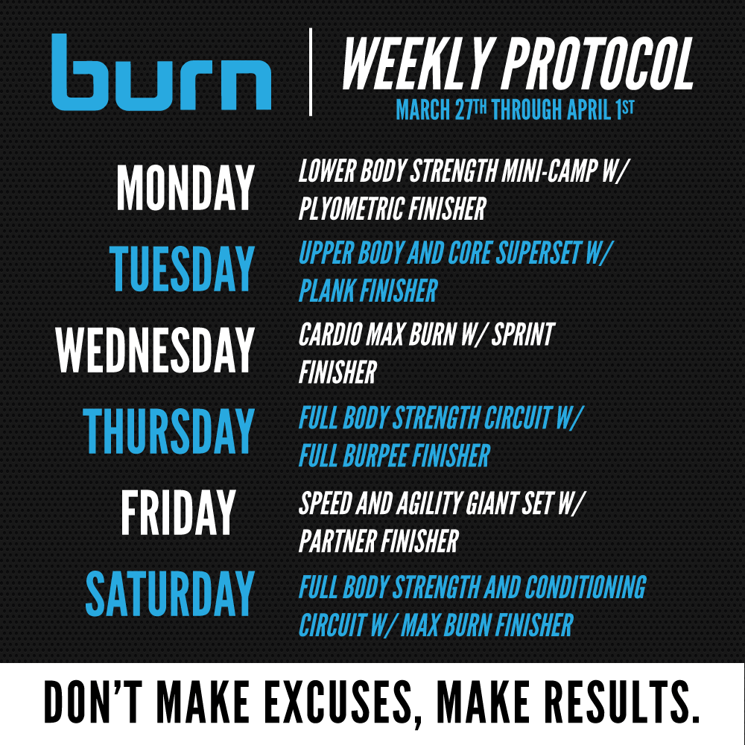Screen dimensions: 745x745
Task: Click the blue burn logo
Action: (x=162, y=72)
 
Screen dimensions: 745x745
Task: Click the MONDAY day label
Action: (x=186, y=188)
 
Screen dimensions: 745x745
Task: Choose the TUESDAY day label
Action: (x=182, y=268)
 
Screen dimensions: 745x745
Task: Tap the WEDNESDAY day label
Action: (x=155, y=349)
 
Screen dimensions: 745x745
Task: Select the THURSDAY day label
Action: (x=168, y=431)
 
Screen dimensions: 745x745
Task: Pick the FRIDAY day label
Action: (x=178, y=513)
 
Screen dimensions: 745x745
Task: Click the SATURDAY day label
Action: (x=170, y=594)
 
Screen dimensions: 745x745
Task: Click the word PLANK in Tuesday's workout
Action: (x=327, y=291)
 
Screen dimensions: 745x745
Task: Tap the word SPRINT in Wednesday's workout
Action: (x=523, y=334)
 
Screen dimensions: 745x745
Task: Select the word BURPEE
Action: (x=375, y=456)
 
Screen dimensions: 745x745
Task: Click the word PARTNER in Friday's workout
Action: (x=337, y=541)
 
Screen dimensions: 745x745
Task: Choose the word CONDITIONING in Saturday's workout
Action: (x=586, y=587)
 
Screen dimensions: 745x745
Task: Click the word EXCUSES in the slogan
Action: (x=339, y=701)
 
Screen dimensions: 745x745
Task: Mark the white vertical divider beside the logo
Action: (x=311, y=72)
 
